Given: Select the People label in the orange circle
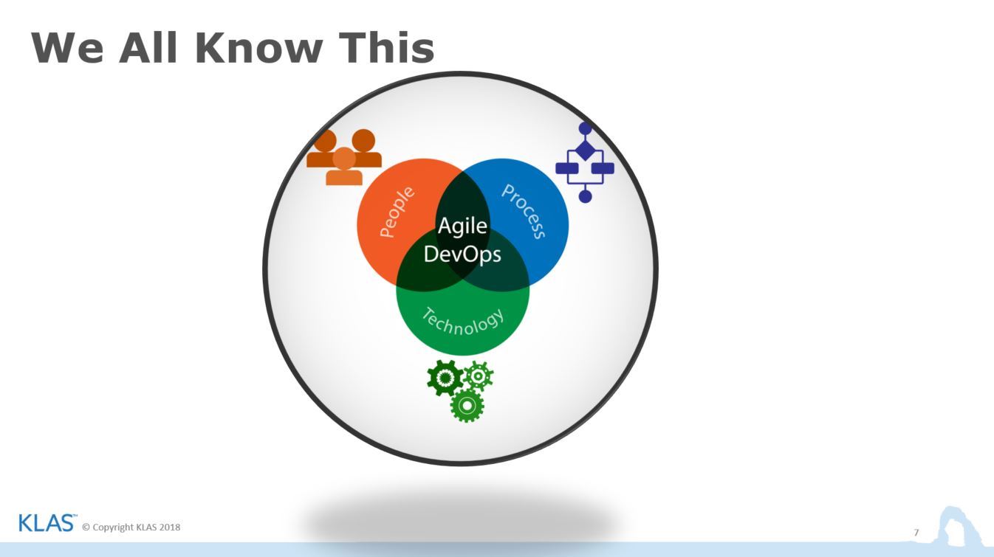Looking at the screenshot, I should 397,212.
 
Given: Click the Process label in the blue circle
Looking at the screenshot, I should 524,211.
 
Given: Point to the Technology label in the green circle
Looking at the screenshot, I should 463,321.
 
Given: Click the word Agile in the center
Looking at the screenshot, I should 462,226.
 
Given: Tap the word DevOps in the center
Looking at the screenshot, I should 462,255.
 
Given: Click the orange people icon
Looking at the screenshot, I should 344,157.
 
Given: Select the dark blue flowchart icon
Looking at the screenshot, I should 585,162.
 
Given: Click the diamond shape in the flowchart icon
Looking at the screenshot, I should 585,151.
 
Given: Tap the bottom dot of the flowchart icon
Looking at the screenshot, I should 585,196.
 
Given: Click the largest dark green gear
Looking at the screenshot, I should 445,378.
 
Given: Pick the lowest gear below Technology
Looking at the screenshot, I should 467,405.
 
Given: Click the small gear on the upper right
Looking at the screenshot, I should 479,376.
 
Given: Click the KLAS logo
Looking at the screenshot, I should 46,524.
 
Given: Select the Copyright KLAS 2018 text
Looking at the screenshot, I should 131,527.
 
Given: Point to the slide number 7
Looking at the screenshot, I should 916,533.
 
